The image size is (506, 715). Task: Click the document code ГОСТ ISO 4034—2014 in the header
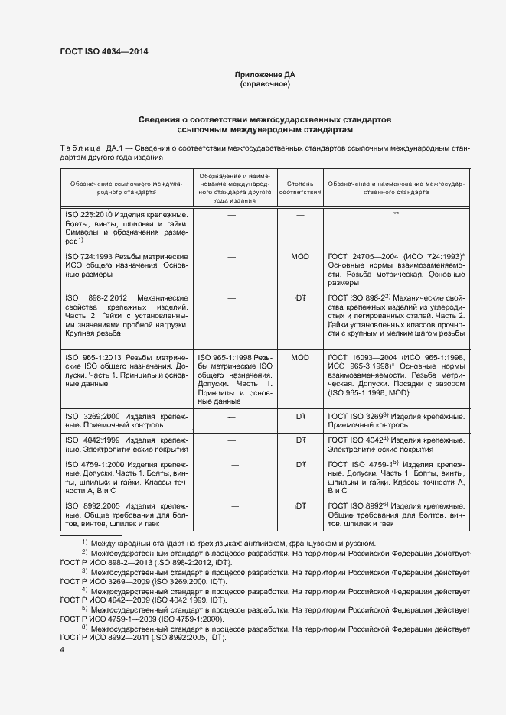click(x=103, y=51)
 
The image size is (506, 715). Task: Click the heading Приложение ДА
click(x=265, y=75)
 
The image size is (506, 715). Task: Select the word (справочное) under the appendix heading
click(x=265, y=85)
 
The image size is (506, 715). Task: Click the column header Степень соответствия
click(x=300, y=189)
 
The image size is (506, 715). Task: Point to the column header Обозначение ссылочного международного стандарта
click(x=126, y=189)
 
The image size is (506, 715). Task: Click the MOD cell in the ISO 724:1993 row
click(x=300, y=257)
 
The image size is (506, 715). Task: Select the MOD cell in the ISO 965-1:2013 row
click(x=300, y=356)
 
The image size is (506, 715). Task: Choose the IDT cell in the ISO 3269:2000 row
click(x=300, y=416)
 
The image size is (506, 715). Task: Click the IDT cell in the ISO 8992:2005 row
click(x=300, y=505)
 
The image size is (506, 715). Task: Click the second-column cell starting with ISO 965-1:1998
click(x=233, y=379)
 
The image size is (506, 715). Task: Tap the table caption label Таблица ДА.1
click(x=87, y=148)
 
